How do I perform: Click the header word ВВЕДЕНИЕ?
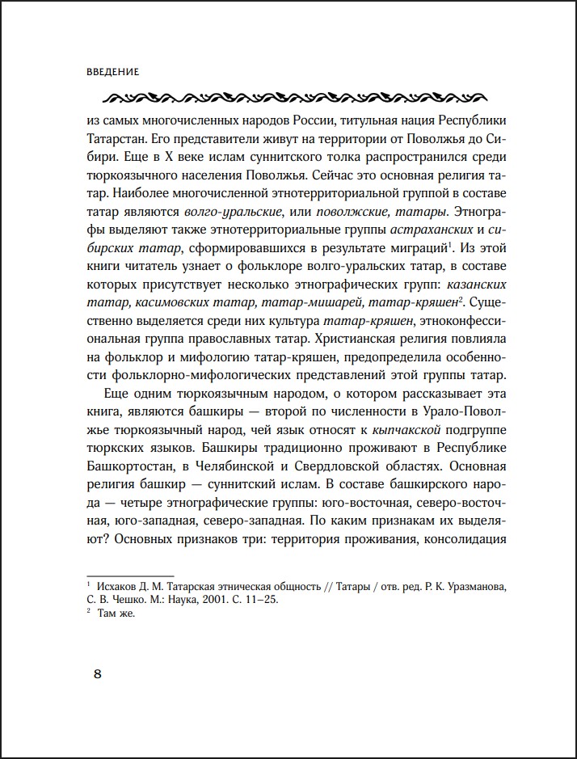point(112,71)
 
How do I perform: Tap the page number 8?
point(98,675)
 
